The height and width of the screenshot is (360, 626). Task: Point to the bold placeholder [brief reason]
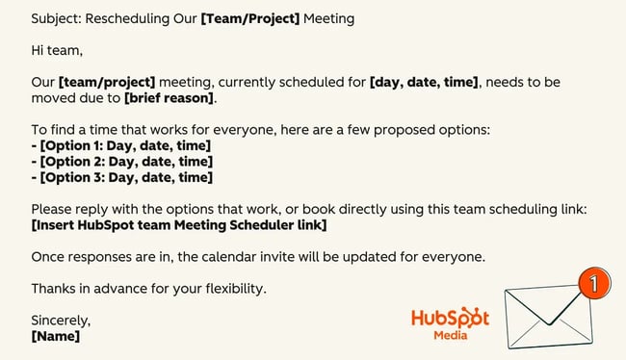(169, 97)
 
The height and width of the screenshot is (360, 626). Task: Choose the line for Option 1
(120, 145)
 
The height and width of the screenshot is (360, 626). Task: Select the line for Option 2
(121, 162)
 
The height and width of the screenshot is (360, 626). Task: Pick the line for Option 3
(121, 177)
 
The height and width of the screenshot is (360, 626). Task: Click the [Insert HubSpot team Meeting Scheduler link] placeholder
(178, 225)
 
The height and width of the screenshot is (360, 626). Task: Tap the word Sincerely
(61, 321)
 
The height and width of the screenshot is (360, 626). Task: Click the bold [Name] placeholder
(55, 337)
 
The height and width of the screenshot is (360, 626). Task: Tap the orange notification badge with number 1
(595, 285)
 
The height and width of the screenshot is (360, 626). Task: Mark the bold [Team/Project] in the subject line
(249, 18)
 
